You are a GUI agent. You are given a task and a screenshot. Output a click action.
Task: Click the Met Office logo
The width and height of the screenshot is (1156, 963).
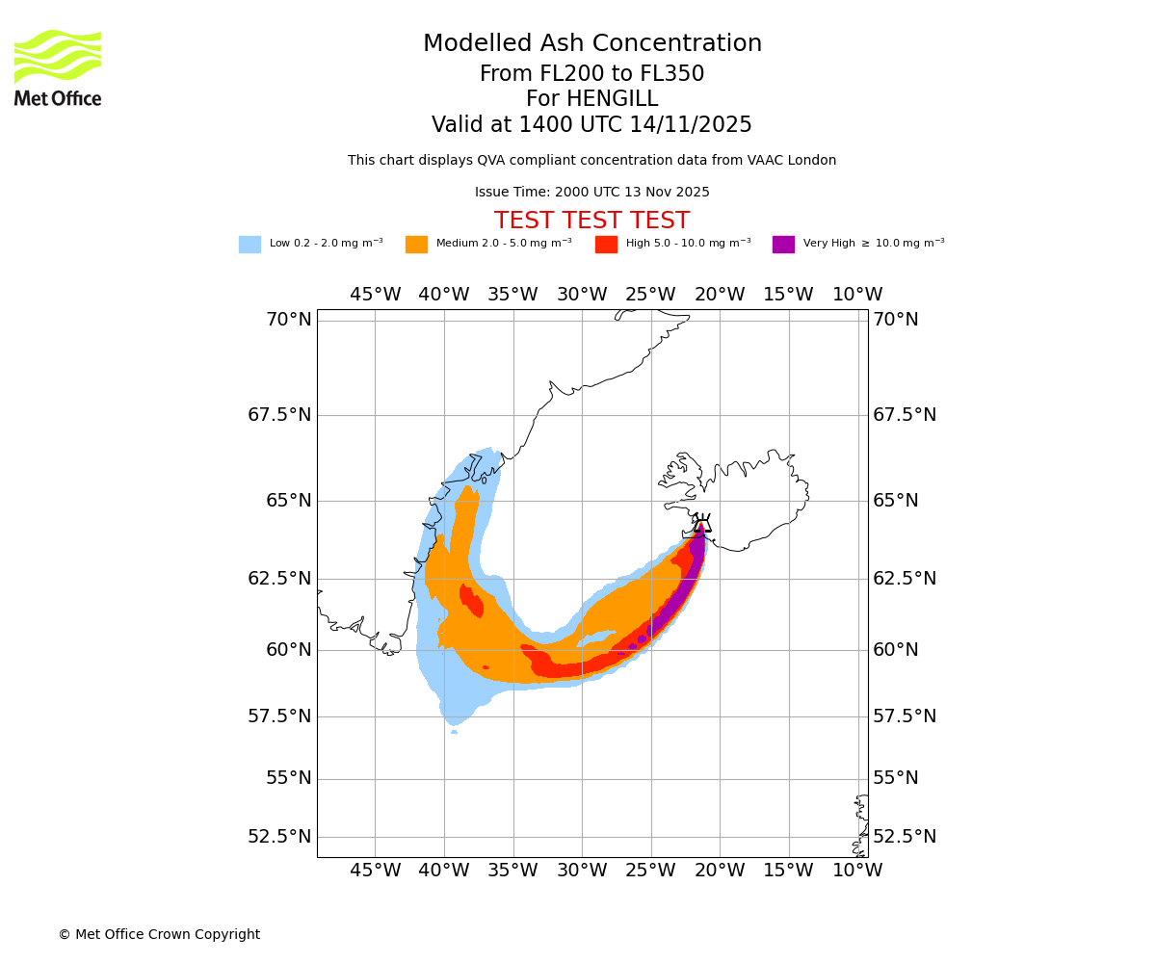tap(58, 67)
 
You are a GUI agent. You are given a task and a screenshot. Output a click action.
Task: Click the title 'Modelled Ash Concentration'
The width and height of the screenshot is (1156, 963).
tap(592, 43)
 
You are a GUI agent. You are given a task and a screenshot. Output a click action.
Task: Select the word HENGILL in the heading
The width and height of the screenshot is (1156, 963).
tap(612, 99)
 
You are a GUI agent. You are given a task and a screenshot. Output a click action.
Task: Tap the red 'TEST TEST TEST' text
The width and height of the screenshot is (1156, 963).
tap(591, 221)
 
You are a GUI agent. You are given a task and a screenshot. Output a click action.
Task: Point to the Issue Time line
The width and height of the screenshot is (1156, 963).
tap(591, 192)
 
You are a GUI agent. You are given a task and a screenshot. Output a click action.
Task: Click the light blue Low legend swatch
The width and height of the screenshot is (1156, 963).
tap(250, 245)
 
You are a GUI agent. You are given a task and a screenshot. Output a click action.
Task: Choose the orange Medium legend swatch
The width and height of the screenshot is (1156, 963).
tap(416, 245)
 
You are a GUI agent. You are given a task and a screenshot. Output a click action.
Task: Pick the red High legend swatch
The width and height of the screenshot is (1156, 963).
tap(606, 245)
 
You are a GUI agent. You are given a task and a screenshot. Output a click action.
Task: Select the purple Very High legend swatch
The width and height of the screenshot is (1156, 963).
tap(783, 245)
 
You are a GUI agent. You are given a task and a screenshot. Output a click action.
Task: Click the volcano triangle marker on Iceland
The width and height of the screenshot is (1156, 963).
tap(702, 526)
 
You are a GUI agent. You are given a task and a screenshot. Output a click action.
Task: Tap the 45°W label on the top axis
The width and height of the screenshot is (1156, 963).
tap(375, 294)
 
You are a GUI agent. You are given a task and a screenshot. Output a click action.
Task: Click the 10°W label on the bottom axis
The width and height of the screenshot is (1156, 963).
tap(857, 871)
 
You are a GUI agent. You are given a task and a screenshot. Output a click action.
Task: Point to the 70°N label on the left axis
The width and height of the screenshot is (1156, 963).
tap(289, 319)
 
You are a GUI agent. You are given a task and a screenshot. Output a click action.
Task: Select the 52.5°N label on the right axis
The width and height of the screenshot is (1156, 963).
tap(905, 836)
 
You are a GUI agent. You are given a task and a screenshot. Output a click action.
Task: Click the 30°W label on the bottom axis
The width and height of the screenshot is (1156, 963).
tap(582, 871)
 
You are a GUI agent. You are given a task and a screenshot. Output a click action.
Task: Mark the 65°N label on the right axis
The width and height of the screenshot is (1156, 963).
tap(896, 500)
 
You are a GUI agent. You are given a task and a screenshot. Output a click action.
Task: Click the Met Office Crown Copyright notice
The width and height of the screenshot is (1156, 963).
tap(159, 934)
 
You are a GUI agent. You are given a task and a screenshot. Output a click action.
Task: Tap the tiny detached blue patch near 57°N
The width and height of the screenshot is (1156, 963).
tap(454, 732)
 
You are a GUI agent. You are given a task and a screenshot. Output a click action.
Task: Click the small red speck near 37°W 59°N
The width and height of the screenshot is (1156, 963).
tap(486, 667)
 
